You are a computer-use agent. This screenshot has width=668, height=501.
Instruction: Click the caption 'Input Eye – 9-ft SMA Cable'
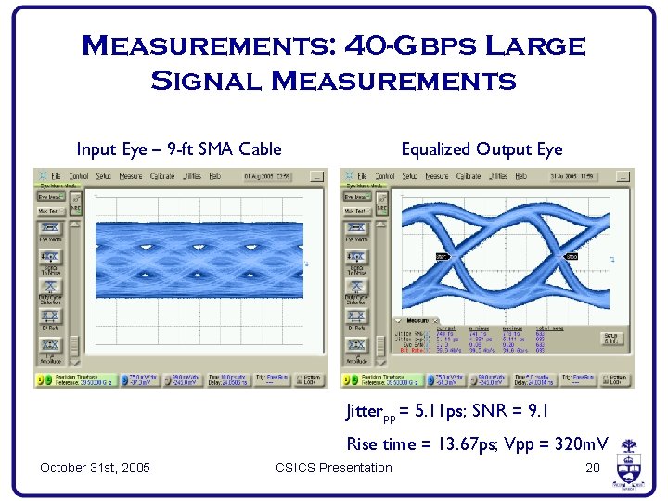(x=179, y=149)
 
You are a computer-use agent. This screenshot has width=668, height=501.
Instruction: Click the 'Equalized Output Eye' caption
(x=482, y=149)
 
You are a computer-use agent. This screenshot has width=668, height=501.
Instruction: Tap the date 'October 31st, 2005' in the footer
(x=96, y=468)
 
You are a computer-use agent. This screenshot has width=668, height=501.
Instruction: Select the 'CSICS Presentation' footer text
(x=334, y=468)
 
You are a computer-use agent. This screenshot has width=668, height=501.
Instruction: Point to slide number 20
(x=593, y=468)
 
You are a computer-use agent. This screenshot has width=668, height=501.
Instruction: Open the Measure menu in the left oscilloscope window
(x=131, y=175)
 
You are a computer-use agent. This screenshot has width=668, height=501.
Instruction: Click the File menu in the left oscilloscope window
(x=57, y=175)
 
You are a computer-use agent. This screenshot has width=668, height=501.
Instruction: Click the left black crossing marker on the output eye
(x=442, y=255)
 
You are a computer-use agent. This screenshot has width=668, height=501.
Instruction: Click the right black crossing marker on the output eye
(x=572, y=256)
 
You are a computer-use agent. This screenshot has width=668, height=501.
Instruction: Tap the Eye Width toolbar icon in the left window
(x=49, y=229)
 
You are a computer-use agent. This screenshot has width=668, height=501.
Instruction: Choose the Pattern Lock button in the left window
(x=314, y=379)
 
